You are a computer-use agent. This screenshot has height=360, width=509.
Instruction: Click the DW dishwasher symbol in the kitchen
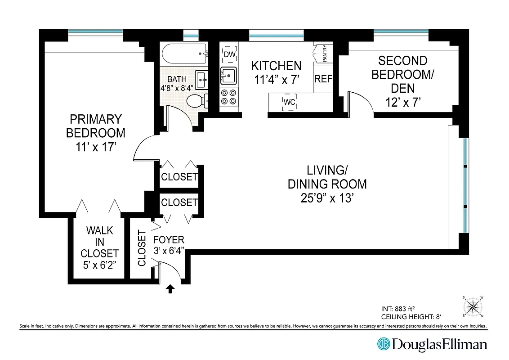[x=230, y=54]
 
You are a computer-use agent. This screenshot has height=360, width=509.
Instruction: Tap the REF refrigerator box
[x=323, y=79]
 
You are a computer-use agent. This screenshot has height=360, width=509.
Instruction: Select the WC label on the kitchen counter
[x=289, y=103]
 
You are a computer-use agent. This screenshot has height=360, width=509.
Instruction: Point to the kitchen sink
[x=228, y=76]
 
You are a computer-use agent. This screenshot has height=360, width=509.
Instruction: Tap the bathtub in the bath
[x=184, y=54]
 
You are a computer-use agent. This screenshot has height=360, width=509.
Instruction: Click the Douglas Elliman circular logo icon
[x=384, y=344]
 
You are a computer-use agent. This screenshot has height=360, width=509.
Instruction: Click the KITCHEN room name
[x=276, y=66]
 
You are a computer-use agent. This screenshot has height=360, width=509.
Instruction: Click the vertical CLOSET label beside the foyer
[x=142, y=248]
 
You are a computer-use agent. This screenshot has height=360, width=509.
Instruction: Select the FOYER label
[x=169, y=240]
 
